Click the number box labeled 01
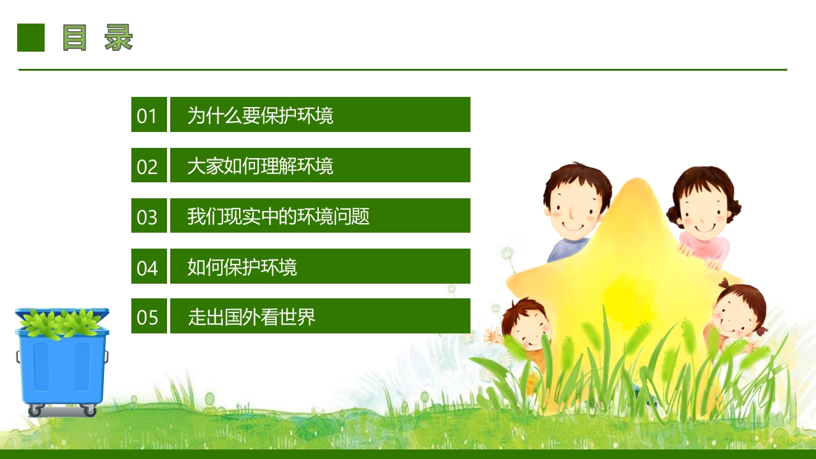click(149, 114)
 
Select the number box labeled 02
click(149, 165)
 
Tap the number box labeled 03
click(149, 215)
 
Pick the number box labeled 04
click(149, 266)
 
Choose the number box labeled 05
click(149, 316)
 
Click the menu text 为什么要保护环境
click(260, 115)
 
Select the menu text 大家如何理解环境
click(260, 166)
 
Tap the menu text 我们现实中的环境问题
click(279, 216)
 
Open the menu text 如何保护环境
click(242, 267)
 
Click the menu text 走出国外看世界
click(251, 317)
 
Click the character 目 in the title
click(75, 38)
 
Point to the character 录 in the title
click(119, 38)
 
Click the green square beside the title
click(31, 38)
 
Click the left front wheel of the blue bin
click(35, 411)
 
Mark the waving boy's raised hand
click(492, 336)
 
